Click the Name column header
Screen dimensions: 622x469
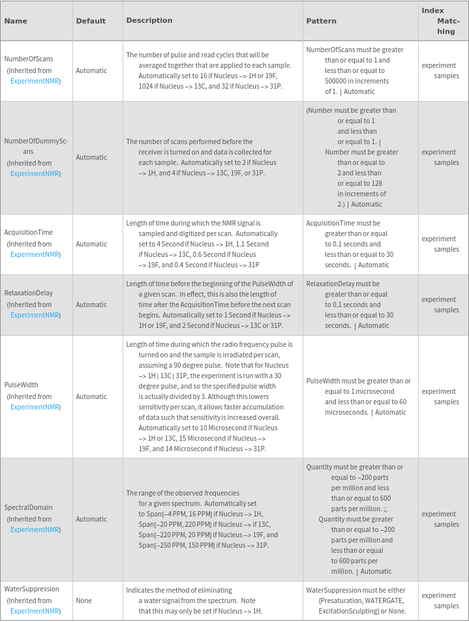coord(16,21)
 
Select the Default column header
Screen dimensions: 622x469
coord(91,21)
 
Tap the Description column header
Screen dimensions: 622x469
coord(149,20)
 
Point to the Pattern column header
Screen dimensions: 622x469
coord(322,21)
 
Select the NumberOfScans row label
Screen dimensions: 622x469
coord(29,59)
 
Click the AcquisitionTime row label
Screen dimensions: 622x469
coord(29,232)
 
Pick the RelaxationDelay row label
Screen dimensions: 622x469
coord(29,293)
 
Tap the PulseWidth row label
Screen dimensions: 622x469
coord(21,385)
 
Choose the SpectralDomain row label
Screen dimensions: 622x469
coord(29,507)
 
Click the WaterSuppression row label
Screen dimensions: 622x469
coord(32,589)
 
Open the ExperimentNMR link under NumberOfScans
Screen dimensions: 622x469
coord(35,81)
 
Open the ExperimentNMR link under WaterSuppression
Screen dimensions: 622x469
coord(35,611)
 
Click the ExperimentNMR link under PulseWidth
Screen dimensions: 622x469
coord(35,407)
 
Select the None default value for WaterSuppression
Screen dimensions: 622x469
coord(83,600)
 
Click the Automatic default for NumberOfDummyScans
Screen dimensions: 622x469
coord(91,157)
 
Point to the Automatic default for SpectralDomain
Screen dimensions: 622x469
coord(91,519)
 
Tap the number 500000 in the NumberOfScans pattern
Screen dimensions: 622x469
coord(338,81)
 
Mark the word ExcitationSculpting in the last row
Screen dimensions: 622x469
coord(349,611)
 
